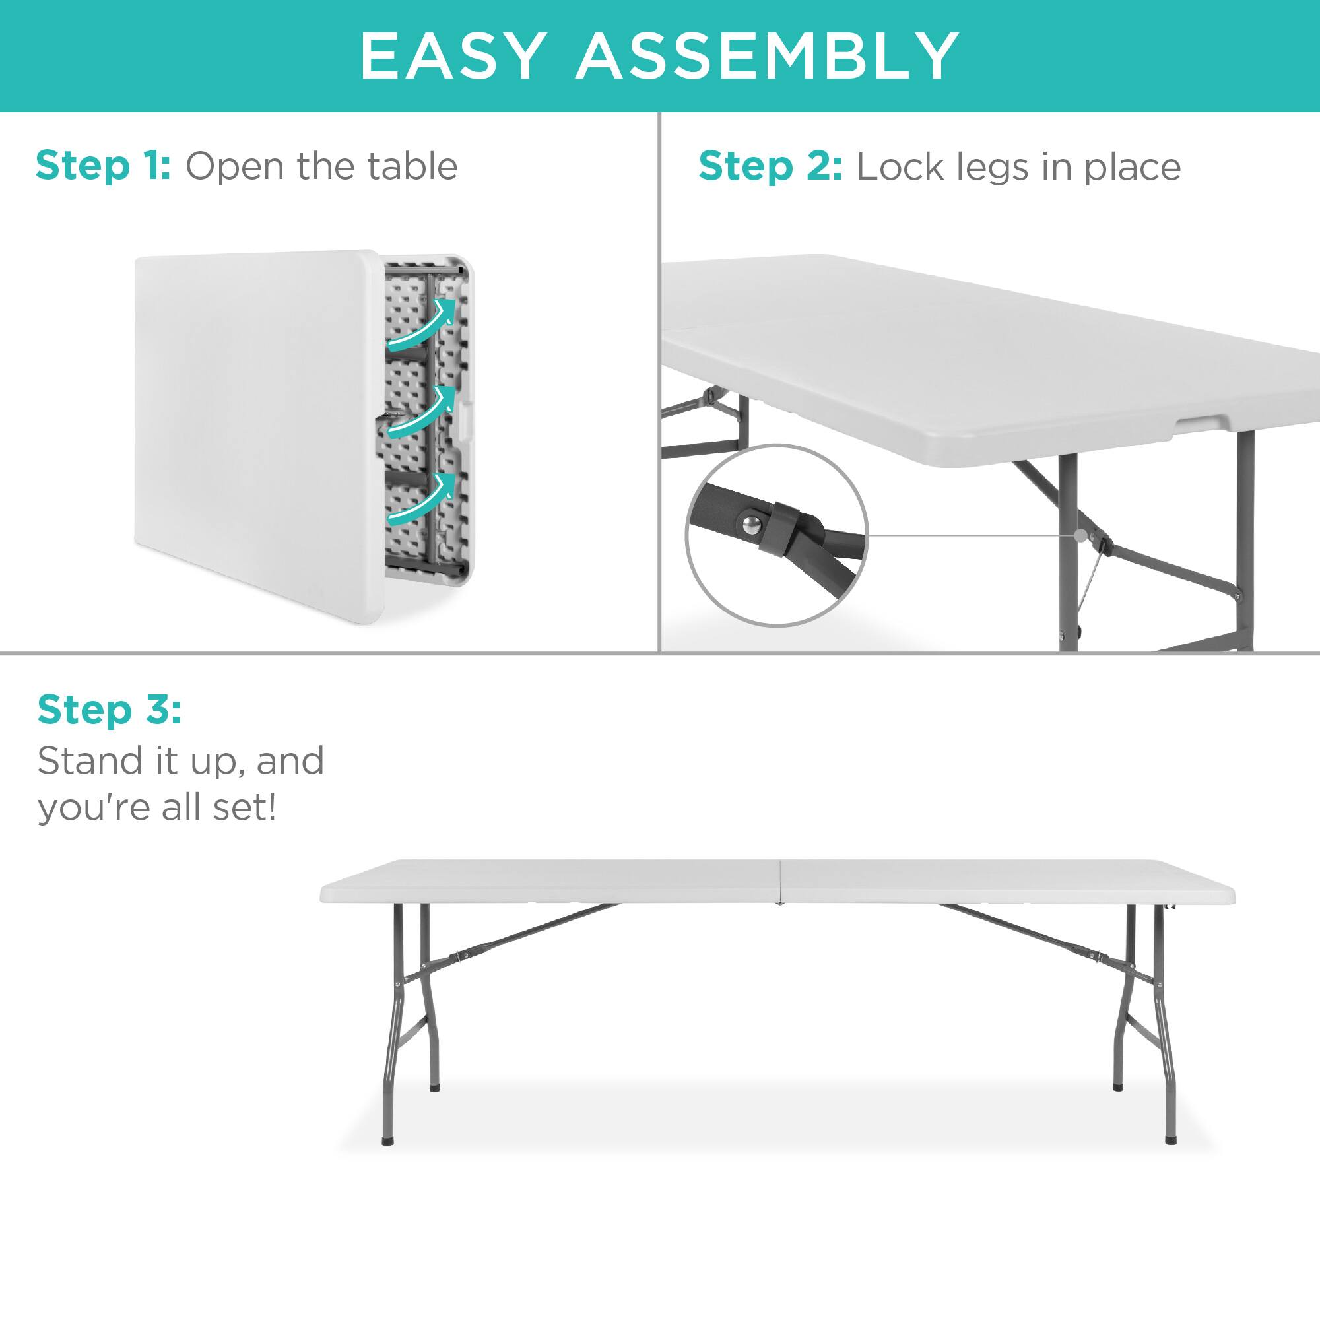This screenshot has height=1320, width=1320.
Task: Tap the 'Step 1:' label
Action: pyautogui.click(x=102, y=166)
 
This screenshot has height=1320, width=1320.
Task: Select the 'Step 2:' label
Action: pyautogui.click(x=770, y=167)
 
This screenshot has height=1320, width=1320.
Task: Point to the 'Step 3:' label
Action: pyautogui.click(x=110, y=709)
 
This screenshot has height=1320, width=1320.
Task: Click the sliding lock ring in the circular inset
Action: pyautogui.click(x=781, y=525)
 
